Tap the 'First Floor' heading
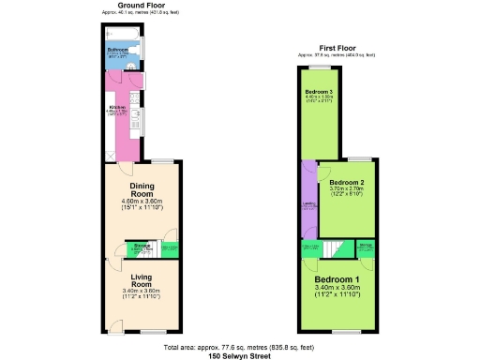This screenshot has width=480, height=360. pyautogui.click(x=337, y=47)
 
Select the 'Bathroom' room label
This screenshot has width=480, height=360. pyautogui.click(x=117, y=49)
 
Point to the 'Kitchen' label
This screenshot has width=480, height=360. pyautogui.click(x=117, y=107)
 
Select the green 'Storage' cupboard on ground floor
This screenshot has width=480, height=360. pyautogui.click(x=169, y=248)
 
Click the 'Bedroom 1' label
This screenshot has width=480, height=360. pyautogui.click(x=337, y=280)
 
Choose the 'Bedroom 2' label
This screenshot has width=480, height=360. pyautogui.click(x=348, y=181)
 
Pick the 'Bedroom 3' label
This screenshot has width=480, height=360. pyautogui.click(x=319, y=91)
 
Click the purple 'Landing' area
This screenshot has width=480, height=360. pyautogui.click(x=308, y=202)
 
